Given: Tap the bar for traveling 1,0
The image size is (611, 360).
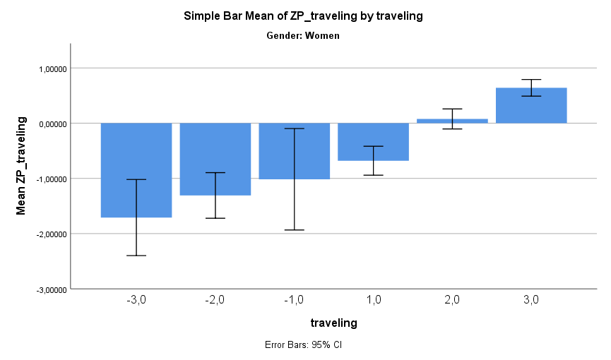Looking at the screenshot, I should tap(374, 142).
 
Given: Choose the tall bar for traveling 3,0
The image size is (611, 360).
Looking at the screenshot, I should tap(531, 105).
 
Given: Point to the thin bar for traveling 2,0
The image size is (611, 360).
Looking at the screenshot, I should tap(452, 121).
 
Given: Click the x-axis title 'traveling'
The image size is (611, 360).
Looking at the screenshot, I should tap(333, 323).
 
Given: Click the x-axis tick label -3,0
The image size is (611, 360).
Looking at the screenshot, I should tap(136, 299).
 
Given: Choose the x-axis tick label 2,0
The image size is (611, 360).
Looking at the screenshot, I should tap(452, 299).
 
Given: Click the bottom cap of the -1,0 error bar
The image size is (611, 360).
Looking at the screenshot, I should tap(295, 230).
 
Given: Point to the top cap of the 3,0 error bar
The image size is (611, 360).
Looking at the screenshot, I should tap(531, 80).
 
